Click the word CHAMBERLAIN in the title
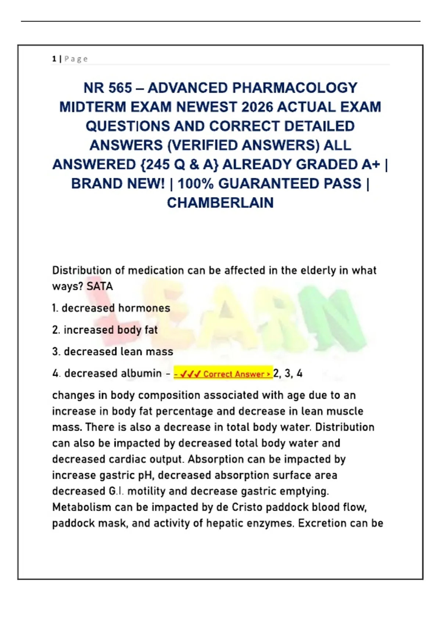(220, 203)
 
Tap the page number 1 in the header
(54, 59)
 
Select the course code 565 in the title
(120, 88)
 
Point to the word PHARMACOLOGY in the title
(295, 88)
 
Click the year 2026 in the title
(257, 107)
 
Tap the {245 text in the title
(155, 164)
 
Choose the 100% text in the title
(196, 184)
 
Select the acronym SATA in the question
(100, 286)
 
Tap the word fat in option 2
(151, 330)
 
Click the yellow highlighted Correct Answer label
(223, 374)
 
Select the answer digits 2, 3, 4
(288, 374)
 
